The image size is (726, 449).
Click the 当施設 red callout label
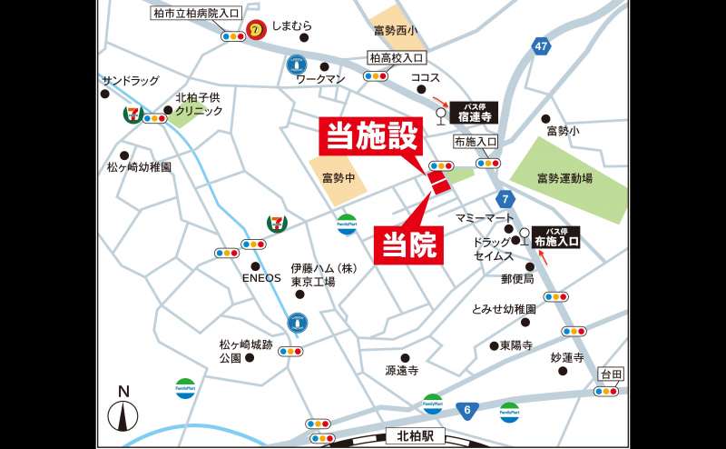pos(371,137)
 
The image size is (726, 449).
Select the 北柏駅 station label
pos(416,435)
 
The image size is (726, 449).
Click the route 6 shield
pos(466,411)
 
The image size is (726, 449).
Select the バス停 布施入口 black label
pos(556,238)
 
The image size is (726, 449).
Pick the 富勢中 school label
pos(338,177)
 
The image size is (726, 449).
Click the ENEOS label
pos(260,279)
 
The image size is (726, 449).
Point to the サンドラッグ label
pos(131,81)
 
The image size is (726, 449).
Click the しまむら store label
pos(291,26)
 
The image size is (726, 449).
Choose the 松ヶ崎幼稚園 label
pos(139,167)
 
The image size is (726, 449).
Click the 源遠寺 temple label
pos(402,371)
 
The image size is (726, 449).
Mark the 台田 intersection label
pos(611,374)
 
